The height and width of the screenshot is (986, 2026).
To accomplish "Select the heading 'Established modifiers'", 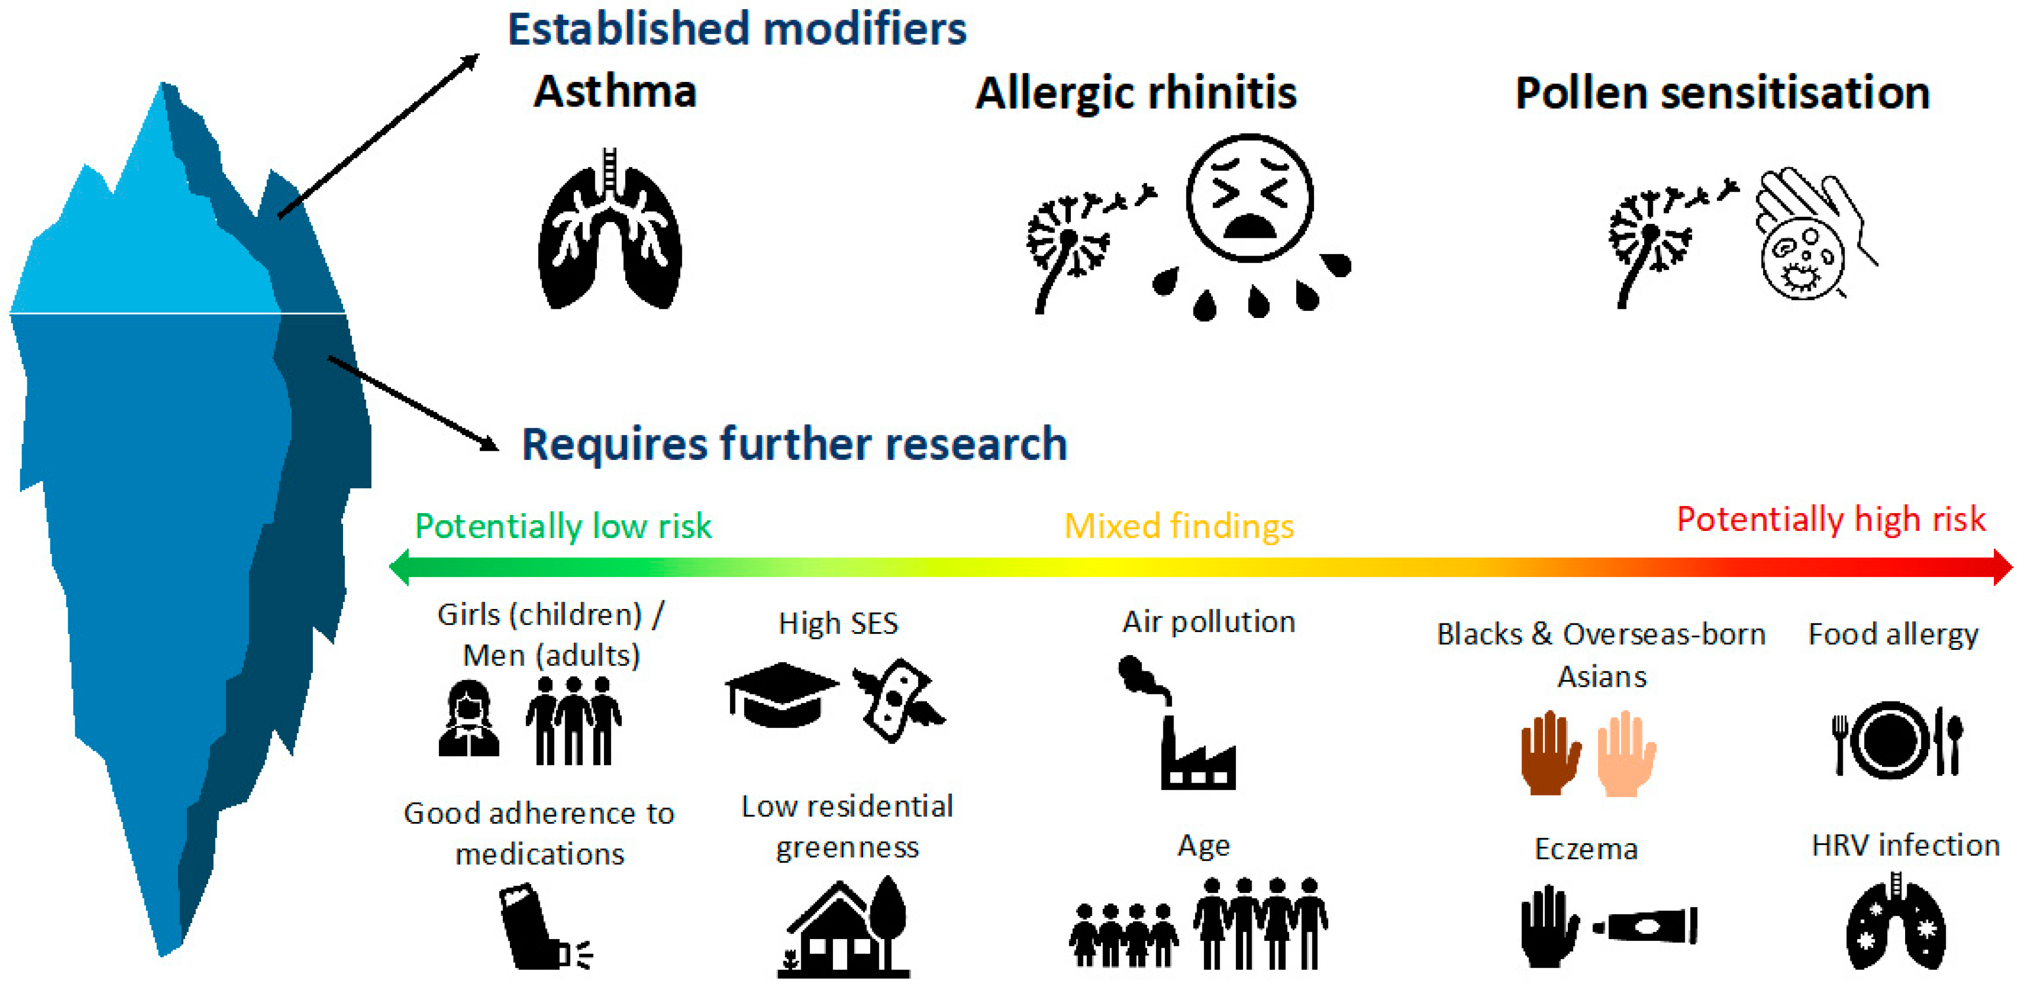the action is (x=737, y=30).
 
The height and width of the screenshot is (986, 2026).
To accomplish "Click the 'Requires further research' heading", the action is (x=794, y=444).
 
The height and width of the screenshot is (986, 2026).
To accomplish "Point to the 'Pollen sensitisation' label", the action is (x=1722, y=93).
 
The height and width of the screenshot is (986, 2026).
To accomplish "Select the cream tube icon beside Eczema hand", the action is (x=1646, y=926).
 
